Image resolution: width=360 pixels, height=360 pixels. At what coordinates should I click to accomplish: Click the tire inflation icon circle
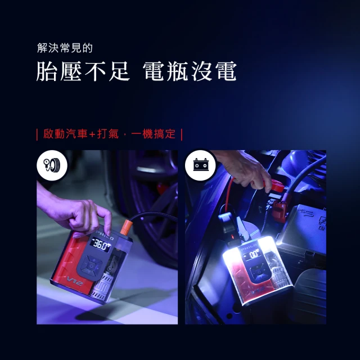(x=52, y=165)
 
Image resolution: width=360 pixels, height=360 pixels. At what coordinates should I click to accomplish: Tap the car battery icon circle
(x=200, y=165)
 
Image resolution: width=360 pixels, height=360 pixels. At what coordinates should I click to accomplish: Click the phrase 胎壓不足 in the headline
(x=83, y=71)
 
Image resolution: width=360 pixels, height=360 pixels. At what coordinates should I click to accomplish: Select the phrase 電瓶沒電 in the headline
(x=190, y=71)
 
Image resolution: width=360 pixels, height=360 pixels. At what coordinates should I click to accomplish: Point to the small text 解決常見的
(x=65, y=48)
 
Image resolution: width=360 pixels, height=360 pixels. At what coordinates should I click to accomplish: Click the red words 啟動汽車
(x=65, y=134)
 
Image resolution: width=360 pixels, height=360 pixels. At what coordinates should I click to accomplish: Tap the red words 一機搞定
(x=154, y=134)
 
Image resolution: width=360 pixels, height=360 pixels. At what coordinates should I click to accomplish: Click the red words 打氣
(x=108, y=134)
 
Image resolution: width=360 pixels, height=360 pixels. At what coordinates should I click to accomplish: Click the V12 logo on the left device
(x=75, y=281)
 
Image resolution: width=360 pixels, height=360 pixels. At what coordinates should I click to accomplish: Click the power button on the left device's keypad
(x=92, y=266)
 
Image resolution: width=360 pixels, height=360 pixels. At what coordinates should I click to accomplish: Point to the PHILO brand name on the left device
(x=105, y=236)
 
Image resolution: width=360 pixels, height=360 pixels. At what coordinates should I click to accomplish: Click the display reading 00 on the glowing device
(x=254, y=254)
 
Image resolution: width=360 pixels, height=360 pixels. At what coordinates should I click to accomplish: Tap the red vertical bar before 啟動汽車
(x=37, y=134)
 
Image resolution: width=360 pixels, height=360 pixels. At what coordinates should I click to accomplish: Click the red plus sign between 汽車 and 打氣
(x=92, y=134)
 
